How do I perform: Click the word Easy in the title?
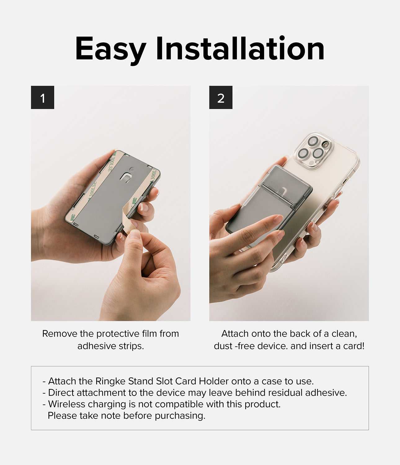click(x=110, y=49)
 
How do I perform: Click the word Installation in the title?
click(x=240, y=49)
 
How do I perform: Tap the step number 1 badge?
click(x=42, y=98)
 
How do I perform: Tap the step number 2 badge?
click(x=220, y=98)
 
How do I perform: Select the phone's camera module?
click(x=314, y=151)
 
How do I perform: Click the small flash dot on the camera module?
click(x=325, y=144)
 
